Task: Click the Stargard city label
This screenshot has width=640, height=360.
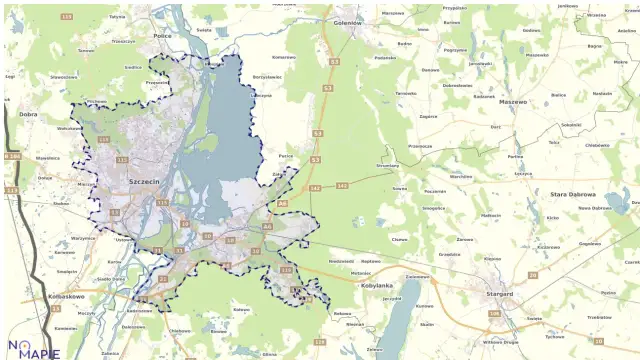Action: pos(498,294)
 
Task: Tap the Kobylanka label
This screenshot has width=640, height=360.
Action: pos(376,285)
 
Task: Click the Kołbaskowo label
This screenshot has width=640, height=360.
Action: pos(64,297)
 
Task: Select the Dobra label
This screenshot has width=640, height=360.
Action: pos(28,114)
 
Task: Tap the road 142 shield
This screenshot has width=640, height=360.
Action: pos(343,187)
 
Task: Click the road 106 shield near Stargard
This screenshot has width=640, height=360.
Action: pos(493,313)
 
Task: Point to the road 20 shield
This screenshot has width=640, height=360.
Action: pos(532,274)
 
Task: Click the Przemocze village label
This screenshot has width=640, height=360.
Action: pos(420,146)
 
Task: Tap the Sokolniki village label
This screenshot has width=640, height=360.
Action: pos(571,125)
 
